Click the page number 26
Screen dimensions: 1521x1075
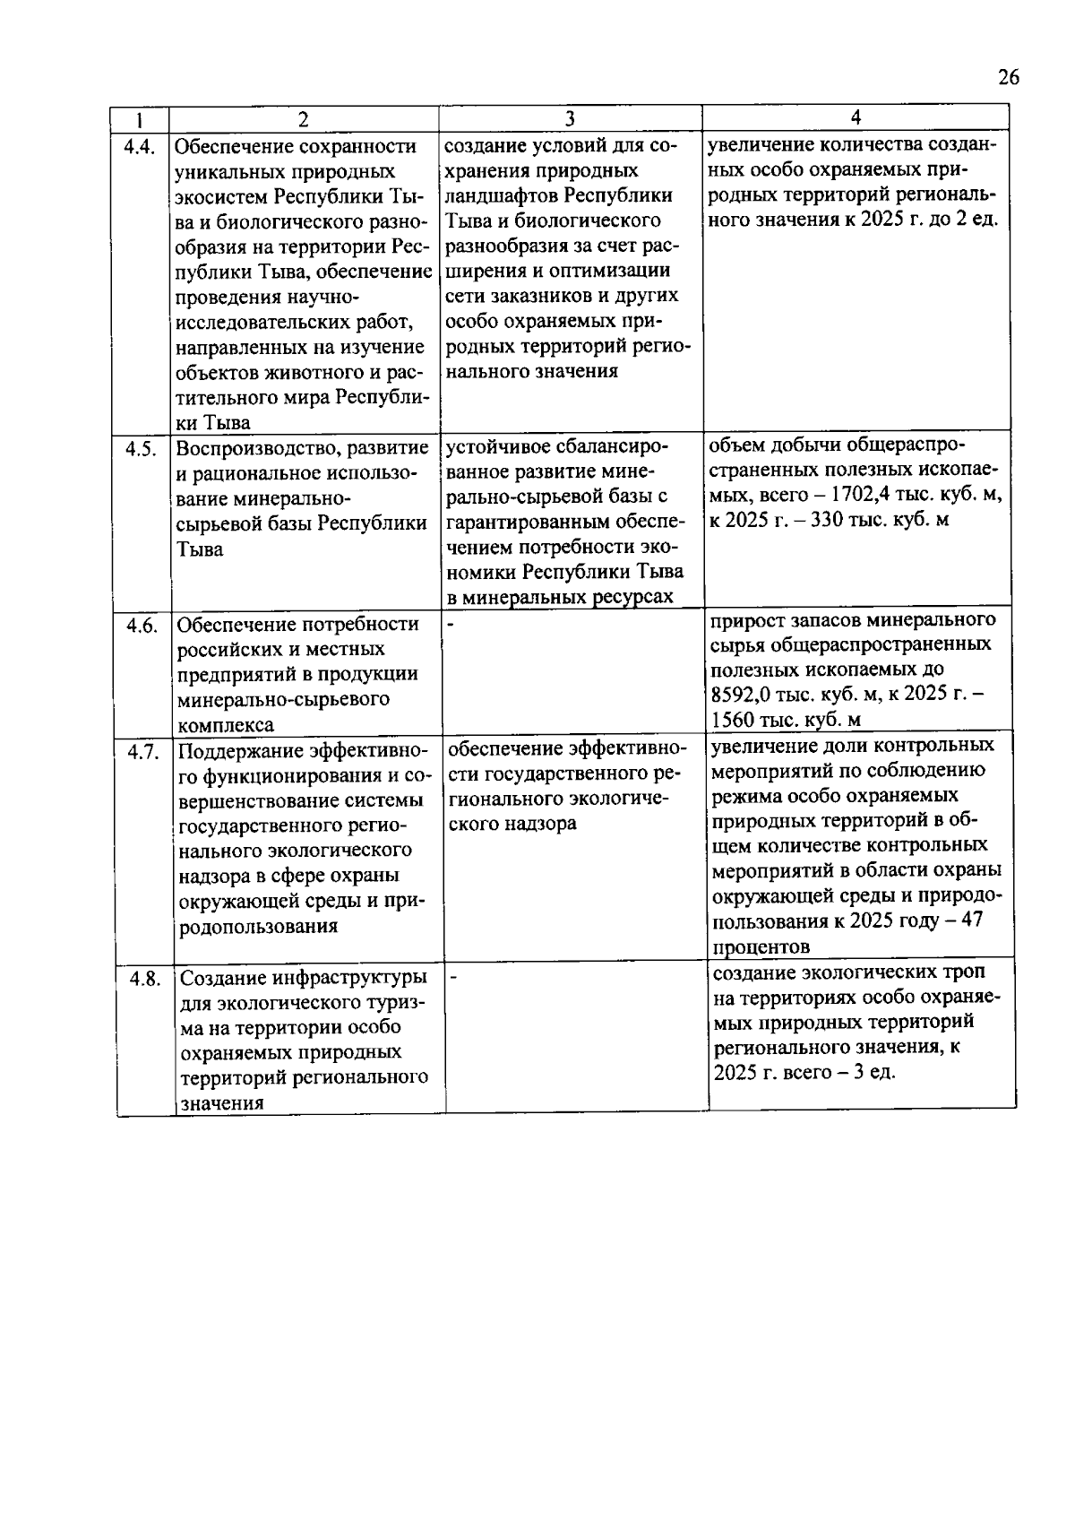(x=1008, y=78)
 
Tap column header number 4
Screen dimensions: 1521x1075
(x=856, y=117)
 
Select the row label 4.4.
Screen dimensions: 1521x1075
(x=139, y=147)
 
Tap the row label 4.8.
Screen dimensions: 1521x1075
(x=144, y=978)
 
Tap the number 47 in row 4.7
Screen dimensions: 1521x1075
(x=972, y=920)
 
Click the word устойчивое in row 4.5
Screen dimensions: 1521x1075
(x=496, y=445)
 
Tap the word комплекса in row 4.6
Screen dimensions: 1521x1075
(x=225, y=725)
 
